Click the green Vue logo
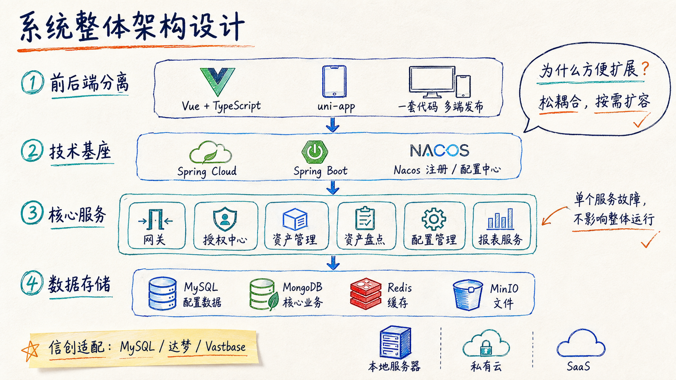(217, 81)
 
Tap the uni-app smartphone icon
(334, 81)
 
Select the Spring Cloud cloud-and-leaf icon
(210, 153)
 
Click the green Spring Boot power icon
(315, 151)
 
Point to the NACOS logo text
(439, 150)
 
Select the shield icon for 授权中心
(225, 219)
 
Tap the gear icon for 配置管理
(434, 219)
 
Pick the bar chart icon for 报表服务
(501, 219)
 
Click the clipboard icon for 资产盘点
(365, 218)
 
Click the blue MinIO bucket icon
(468, 295)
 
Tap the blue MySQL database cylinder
(163, 294)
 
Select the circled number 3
(32, 213)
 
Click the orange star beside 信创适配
(30, 351)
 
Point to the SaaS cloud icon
(581, 344)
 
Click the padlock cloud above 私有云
(486, 343)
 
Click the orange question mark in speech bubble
(645, 69)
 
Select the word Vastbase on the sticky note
(226, 347)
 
